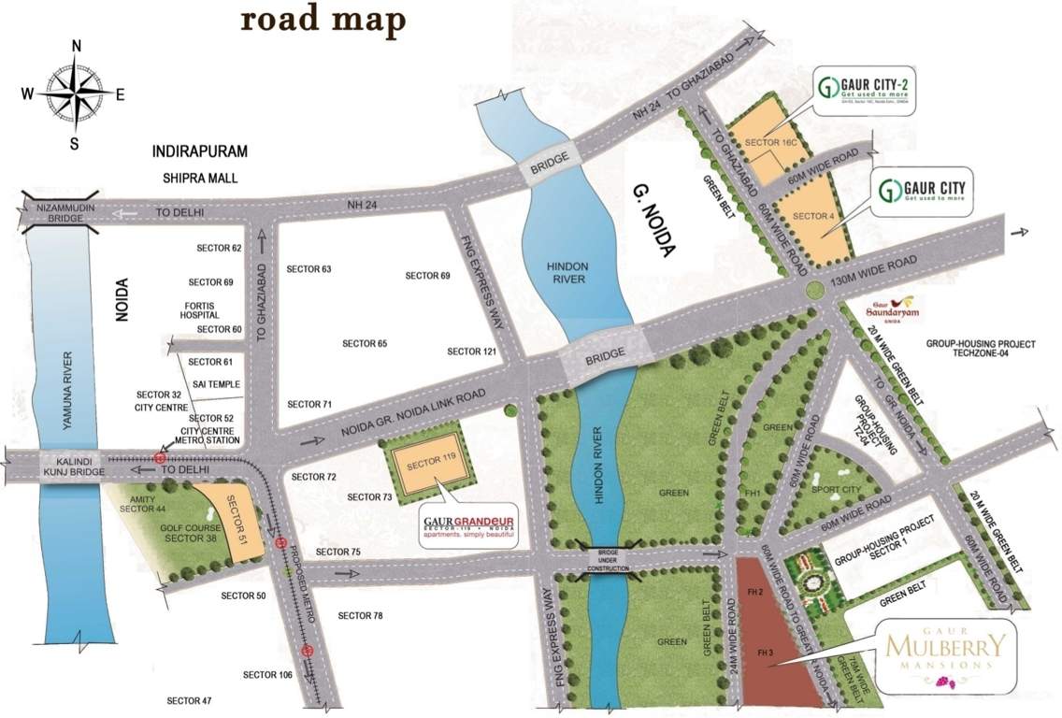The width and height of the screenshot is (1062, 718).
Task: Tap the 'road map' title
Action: coord(323,21)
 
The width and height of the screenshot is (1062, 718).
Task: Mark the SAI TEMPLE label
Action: coord(214,384)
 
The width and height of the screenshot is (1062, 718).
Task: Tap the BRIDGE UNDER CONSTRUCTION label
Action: coord(610,560)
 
